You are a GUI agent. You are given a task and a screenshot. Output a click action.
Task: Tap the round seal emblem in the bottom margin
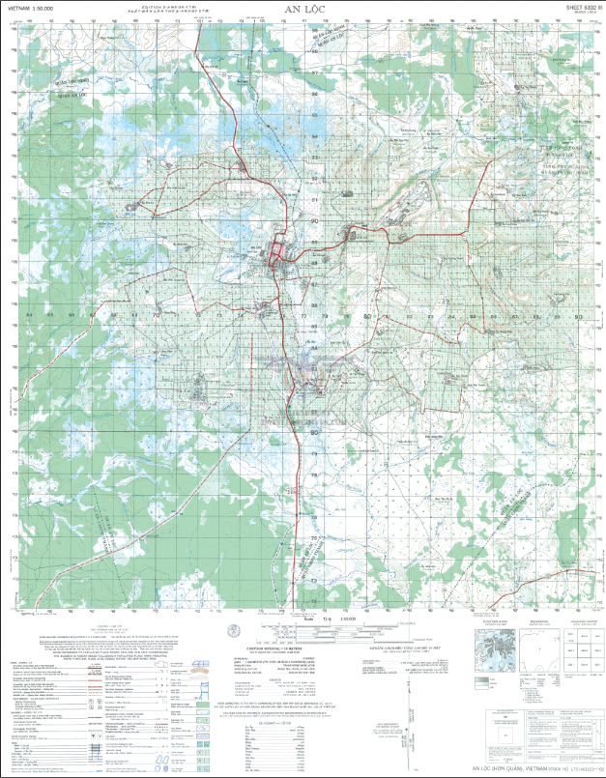tap(235, 630)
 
